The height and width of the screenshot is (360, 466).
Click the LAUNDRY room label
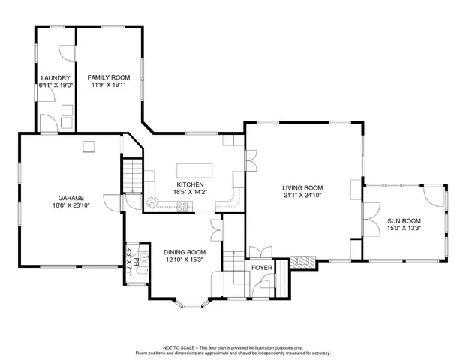pos(56,77)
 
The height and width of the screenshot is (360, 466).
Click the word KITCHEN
pos(190,184)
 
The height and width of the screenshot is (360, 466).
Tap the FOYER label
pos(261,266)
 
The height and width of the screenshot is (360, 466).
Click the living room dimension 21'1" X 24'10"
pos(302,196)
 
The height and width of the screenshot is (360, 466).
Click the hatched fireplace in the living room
pos(301,262)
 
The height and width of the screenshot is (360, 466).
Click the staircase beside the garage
pos(133,175)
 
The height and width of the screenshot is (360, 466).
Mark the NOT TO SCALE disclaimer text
pos(233,348)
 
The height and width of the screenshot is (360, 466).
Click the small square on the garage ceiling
pos(88,146)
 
